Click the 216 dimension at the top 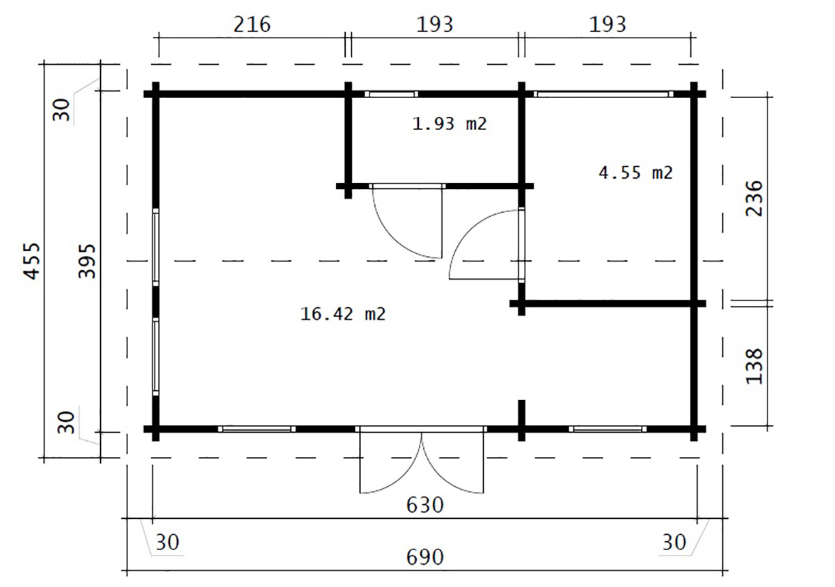tap(252, 24)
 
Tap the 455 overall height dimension tap(32, 261)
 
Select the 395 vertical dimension tap(87, 261)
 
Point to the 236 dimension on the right tap(754, 198)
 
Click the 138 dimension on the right tap(754, 366)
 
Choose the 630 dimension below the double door tap(425, 506)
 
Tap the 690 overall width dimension tap(425, 558)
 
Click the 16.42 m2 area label tap(343, 314)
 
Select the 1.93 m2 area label tap(450, 123)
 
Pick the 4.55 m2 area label tap(636, 172)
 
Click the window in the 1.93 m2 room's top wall tap(391, 94)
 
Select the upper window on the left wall tap(155, 247)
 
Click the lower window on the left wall tap(155, 357)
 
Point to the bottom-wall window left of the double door tap(257, 429)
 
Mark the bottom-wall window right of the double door tap(607, 429)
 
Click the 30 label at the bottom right tap(674, 542)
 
